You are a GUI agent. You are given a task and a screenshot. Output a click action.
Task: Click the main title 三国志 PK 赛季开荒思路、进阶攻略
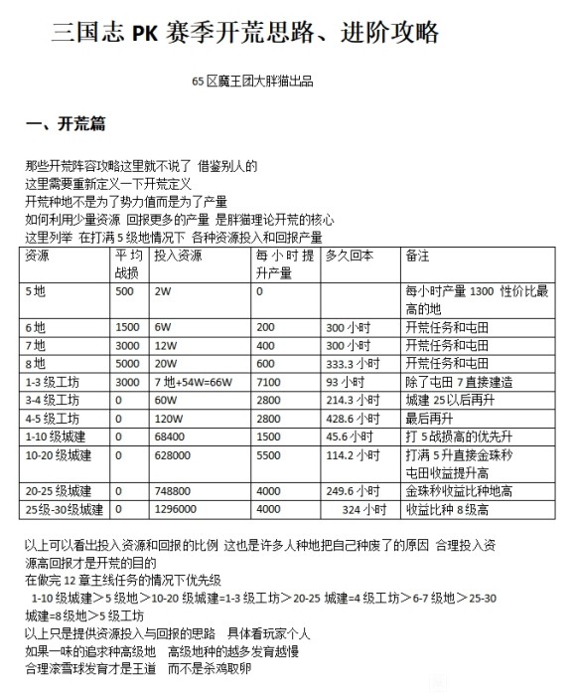[x=245, y=33]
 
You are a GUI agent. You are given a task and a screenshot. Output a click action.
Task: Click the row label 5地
[x=36, y=291]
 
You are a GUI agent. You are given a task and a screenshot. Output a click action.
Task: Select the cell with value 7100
[x=270, y=381]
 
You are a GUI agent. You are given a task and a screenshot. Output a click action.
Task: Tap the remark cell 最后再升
[x=429, y=418]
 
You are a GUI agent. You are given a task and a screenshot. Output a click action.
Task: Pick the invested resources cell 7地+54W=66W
[x=192, y=381]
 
